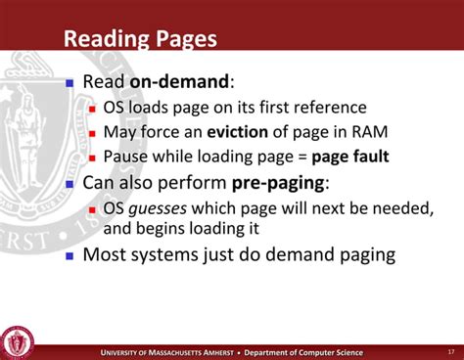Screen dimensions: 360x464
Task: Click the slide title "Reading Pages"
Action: click(140, 40)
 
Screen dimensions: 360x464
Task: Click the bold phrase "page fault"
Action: click(344, 156)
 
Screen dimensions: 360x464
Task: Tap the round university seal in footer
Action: click(17, 341)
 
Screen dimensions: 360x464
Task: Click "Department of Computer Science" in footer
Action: click(302, 351)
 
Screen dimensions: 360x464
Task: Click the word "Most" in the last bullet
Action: click(105, 255)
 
